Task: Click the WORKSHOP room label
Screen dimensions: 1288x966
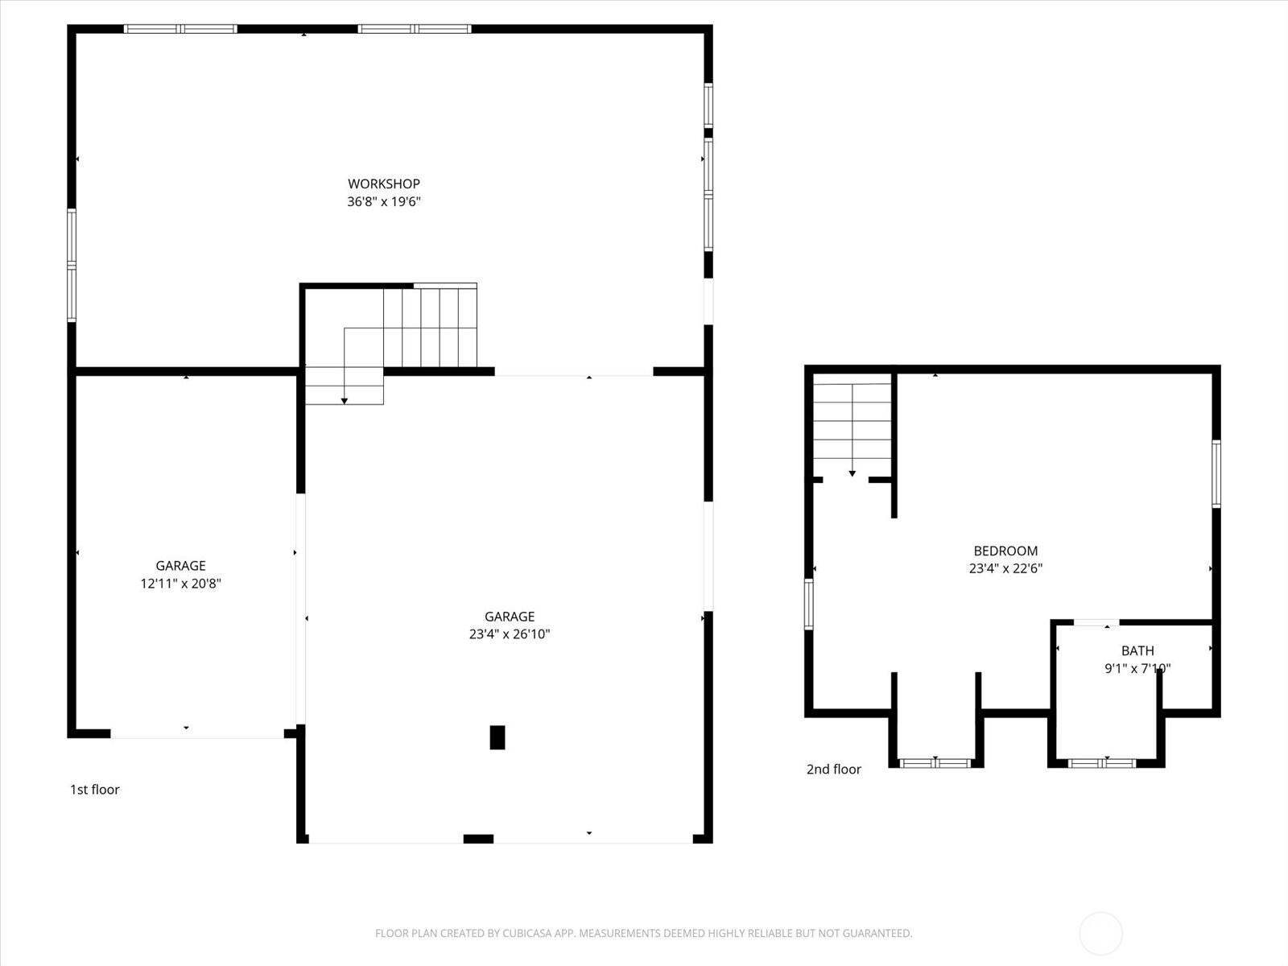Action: click(x=384, y=184)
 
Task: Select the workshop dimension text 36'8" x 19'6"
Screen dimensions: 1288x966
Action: click(x=384, y=202)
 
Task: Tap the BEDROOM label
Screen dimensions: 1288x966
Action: click(x=1005, y=551)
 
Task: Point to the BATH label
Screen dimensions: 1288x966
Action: click(x=1137, y=650)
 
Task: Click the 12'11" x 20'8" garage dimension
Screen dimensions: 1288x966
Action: click(x=181, y=584)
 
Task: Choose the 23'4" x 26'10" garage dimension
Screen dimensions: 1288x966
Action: click(x=510, y=634)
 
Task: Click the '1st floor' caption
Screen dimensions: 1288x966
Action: click(x=94, y=790)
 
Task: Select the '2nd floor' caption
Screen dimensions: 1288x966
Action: click(x=833, y=769)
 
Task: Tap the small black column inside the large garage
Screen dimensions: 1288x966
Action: click(x=497, y=737)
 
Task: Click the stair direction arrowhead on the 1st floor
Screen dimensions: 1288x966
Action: click(x=345, y=401)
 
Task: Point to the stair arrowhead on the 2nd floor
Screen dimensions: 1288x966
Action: click(x=852, y=473)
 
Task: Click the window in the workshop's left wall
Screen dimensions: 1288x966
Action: click(x=72, y=265)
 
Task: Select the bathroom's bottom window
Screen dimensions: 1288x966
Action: click(x=1102, y=763)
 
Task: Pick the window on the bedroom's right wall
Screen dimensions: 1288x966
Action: click(x=1216, y=474)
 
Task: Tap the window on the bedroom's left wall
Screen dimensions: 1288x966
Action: click(x=808, y=604)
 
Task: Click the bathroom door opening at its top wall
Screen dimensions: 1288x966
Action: click(x=1096, y=622)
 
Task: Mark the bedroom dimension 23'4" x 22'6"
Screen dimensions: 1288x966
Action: click(x=1005, y=568)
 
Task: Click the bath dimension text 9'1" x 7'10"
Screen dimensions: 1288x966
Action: click(x=1137, y=668)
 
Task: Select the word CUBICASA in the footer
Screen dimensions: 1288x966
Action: click(x=525, y=933)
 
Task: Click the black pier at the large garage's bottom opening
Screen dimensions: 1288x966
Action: click(x=478, y=839)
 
